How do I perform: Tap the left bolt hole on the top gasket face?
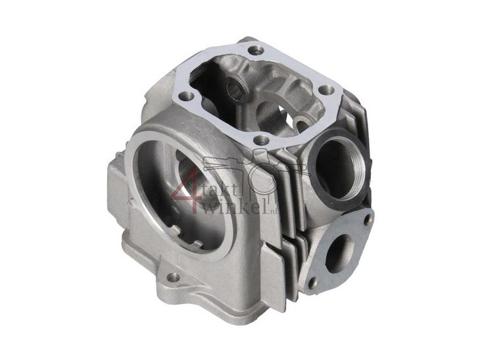[189, 97]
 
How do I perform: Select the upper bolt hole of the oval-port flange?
[367, 218]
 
